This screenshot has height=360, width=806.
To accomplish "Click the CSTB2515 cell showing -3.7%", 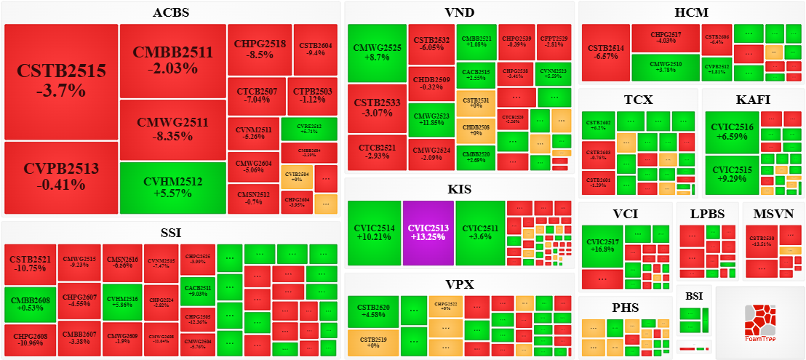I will point(61,81).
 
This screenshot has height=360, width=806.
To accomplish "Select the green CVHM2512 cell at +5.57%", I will point(172,188).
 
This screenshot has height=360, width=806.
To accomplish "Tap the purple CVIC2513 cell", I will point(428,233).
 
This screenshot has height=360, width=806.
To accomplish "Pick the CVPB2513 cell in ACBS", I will point(61,177).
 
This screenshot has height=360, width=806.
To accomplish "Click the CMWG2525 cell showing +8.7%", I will point(377,52).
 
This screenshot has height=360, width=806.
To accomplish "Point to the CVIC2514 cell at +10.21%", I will point(374,233).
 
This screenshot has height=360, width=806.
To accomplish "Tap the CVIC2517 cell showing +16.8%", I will point(602,247).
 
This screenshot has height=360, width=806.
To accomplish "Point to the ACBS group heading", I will point(172,12).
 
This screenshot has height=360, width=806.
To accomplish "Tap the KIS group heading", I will point(460,189).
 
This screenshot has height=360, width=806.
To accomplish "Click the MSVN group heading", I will point(773,215).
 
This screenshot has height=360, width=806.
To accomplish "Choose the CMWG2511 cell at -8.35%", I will point(172,130).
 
